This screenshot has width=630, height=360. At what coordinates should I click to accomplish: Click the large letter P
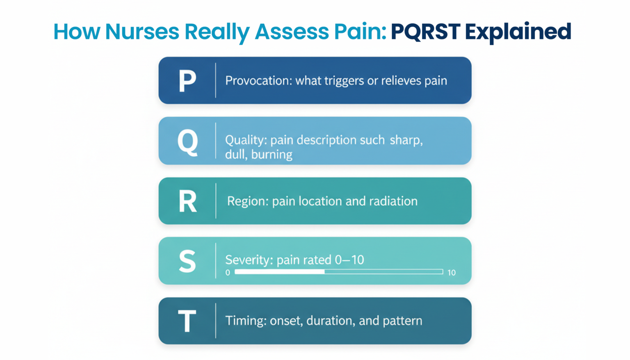[x=187, y=80]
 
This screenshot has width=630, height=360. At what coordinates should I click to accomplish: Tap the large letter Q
[x=187, y=142]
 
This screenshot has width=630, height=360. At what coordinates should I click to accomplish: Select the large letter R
[x=187, y=201]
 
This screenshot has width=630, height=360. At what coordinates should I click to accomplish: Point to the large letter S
[x=187, y=261]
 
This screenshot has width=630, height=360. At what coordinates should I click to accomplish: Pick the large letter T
[x=187, y=321]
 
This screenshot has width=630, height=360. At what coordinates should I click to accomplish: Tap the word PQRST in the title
[x=425, y=32]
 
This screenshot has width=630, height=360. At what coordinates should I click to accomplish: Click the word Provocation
[x=258, y=81]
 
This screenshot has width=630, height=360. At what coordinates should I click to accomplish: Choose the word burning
[x=272, y=155]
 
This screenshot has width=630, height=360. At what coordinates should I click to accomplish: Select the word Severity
[x=249, y=260]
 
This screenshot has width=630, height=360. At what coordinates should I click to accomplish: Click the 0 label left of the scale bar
[x=228, y=273]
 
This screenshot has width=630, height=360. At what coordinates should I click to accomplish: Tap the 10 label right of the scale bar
[x=451, y=273]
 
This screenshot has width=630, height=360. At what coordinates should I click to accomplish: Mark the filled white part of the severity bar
[x=279, y=272]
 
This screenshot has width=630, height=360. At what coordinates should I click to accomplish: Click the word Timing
[x=245, y=321]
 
